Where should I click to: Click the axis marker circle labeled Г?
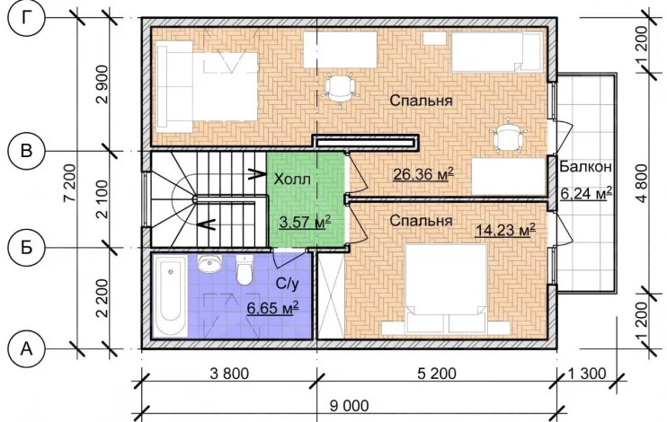click(x=26, y=19)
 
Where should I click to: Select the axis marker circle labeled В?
click(x=26, y=151)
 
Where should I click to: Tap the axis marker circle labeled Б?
click(x=26, y=247)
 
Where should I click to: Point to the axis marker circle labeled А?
click(x=26, y=349)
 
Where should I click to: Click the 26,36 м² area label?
click(x=423, y=174)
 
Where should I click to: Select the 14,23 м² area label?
click(x=505, y=230)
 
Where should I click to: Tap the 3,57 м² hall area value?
click(x=305, y=222)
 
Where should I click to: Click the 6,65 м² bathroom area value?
click(x=272, y=308)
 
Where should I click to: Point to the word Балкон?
click(x=585, y=167)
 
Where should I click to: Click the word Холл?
click(x=292, y=180)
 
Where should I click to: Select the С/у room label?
click(x=287, y=284)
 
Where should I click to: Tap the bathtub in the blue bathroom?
click(x=170, y=295)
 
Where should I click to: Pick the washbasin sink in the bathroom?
click(x=209, y=264)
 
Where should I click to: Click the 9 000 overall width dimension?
click(x=350, y=406)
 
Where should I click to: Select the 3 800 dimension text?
click(x=229, y=374)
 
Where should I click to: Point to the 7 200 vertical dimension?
click(x=69, y=183)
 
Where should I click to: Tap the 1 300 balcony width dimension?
click(x=587, y=374)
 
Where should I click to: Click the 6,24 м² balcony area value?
click(x=586, y=193)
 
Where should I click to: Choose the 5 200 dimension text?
click(x=437, y=374)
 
